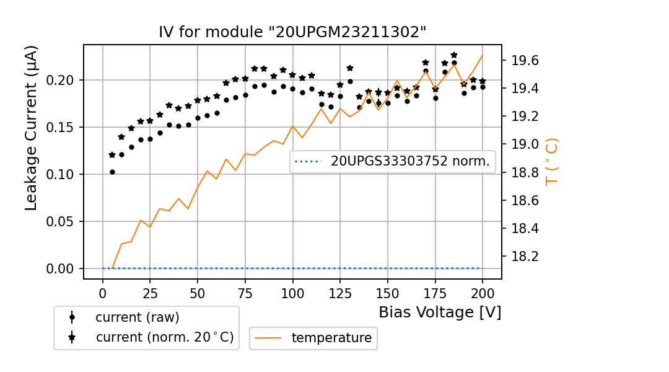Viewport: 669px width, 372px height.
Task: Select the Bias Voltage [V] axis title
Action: click(440, 312)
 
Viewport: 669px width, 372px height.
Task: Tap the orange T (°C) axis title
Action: click(551, 162)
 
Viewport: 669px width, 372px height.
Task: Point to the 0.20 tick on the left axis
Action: click(65, 80)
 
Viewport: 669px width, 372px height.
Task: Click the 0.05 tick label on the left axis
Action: click(65, 221)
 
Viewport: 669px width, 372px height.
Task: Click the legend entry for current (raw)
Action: click(137, 317)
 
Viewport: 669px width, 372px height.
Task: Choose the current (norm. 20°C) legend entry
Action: click(164, 337)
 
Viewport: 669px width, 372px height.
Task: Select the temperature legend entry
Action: click(331, 338)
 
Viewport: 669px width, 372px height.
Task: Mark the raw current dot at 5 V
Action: click(112, 172)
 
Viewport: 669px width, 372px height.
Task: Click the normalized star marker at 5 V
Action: click(112, 155)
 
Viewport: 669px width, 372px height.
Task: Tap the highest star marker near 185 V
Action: click(454, 55)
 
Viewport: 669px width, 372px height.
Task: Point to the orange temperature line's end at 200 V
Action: click(483, 55)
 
